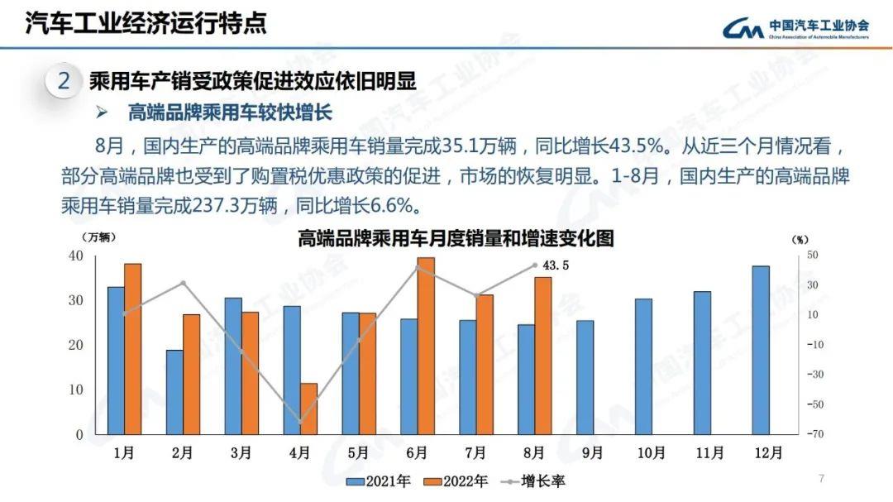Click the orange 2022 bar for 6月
point(426,346)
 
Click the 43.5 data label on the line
point(556,265)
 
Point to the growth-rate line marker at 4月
point(300,421)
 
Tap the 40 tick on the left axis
point(75,256)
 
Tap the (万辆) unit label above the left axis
point(98,237)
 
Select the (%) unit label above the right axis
point(800,239)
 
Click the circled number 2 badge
point(64,82)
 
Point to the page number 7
point(821,478)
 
